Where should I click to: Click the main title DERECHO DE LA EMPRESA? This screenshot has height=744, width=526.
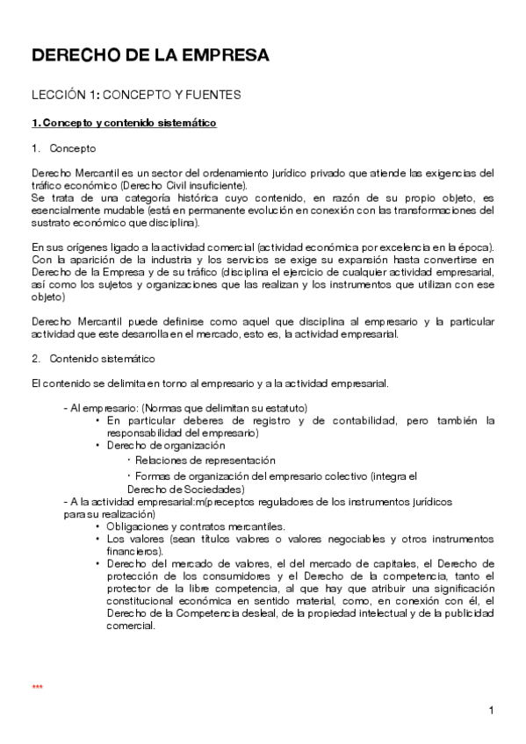coord(150,56)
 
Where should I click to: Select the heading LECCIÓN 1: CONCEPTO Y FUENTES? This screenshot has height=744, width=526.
coord(136,94)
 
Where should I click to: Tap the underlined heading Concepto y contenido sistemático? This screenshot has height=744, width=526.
coord(124,123)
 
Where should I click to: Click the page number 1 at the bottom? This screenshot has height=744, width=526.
coord(492,710)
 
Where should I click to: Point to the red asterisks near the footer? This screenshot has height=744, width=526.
coord(37,687)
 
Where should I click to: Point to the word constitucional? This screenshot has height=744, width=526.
coord(146,601)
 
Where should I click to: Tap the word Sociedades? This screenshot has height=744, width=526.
coord(213,489)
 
